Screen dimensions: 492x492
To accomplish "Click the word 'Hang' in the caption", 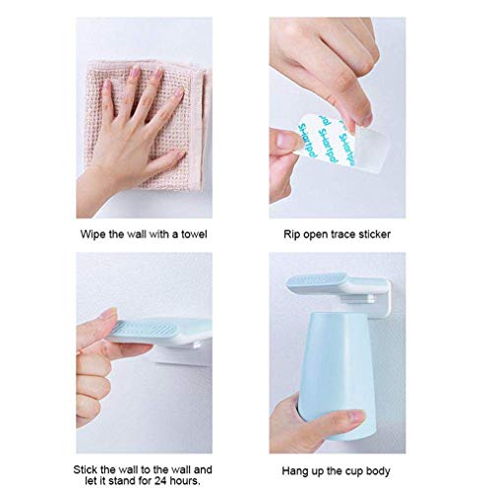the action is (293, 471).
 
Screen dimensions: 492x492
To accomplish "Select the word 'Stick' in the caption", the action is (85, 469).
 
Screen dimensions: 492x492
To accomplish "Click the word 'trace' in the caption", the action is (342, 234).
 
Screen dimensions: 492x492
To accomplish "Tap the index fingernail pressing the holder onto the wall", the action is (108, 313).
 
